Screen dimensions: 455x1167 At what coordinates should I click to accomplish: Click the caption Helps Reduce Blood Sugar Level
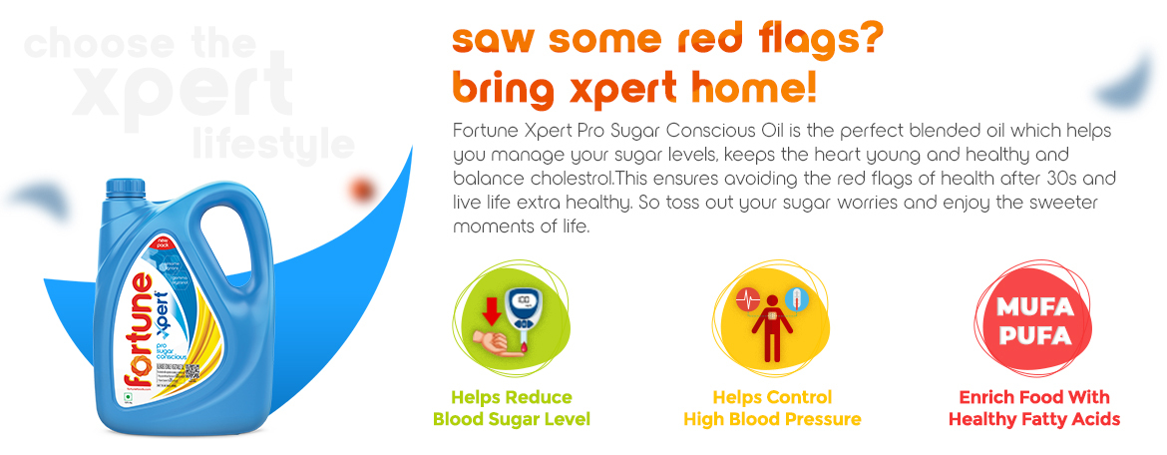coord(511,408)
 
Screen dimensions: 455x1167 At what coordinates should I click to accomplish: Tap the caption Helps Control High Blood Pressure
coord(771,408)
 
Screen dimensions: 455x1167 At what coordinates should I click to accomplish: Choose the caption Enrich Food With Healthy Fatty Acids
coord(1033,408)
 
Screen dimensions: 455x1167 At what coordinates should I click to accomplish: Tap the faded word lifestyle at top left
coord(273,144)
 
